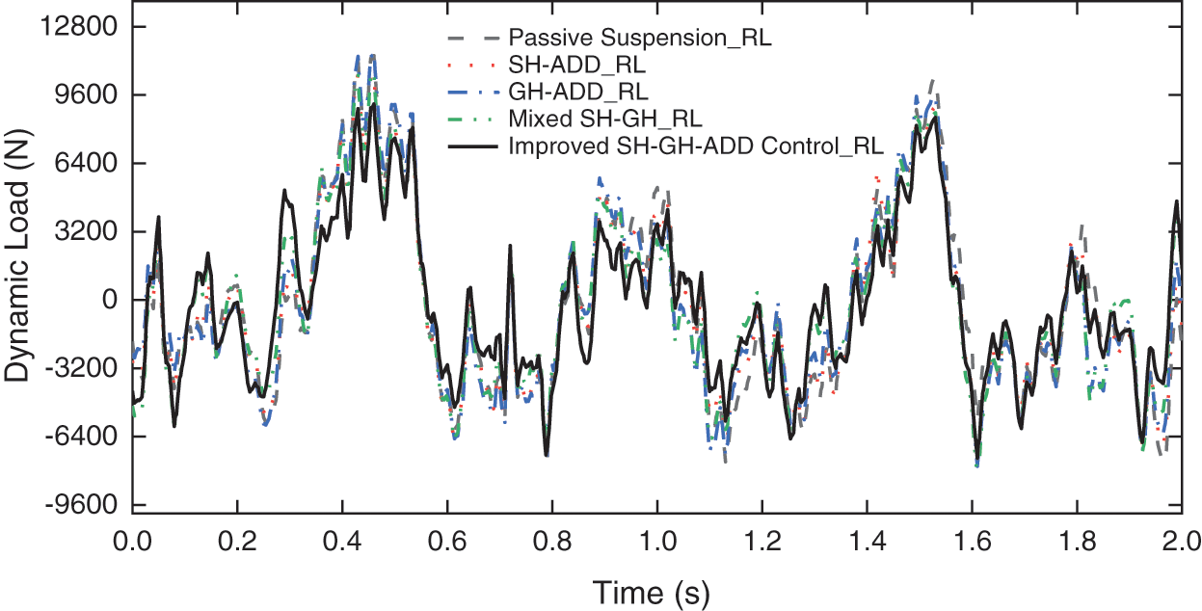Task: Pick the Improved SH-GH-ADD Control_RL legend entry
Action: pyautogui.click(x=696, y=147)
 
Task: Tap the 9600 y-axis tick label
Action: pyautogui.click(x=83, y=95)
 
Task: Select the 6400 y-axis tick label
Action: pyautogui.click(x=83, y=164)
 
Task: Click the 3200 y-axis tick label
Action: pyautogui.click(x=83, y=232)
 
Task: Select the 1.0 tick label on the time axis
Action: pyautogui.click(x=655, y=537)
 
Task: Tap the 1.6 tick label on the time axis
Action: pyautogui.click(x=972, y=537)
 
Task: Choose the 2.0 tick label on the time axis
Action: pyautogui.click(x=1180, y=537)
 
